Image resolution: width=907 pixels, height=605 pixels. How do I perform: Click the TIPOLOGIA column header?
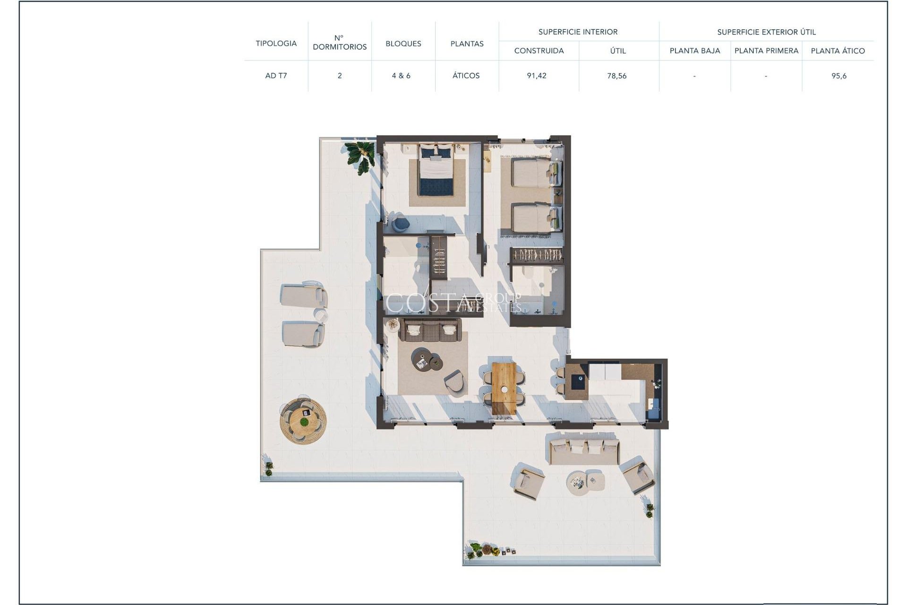coord(276,43)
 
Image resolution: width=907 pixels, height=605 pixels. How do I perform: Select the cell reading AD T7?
coord(276,76)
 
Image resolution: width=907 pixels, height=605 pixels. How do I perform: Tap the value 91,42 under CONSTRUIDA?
coord(537,76)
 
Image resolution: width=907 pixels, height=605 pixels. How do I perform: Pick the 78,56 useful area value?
coord(617,76)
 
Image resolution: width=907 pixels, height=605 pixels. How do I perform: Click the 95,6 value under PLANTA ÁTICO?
coord(839,76)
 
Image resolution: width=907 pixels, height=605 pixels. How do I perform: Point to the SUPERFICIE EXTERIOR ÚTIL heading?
coord(766,32)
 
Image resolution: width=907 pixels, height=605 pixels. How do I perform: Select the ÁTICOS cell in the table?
coord(466,76)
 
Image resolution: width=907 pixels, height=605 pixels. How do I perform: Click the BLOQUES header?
coord(403,43)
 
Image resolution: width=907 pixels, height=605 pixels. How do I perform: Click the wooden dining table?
coord(504,388)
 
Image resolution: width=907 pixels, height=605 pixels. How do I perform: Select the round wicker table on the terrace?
coord(303,420)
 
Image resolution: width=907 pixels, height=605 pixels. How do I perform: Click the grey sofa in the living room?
coord(430,330)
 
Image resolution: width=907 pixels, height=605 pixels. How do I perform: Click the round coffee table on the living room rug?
coord(420,359)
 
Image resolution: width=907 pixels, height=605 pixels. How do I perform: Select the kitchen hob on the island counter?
coord(577,381)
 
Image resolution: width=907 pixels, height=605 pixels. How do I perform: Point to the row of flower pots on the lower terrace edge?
coord(491,551)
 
